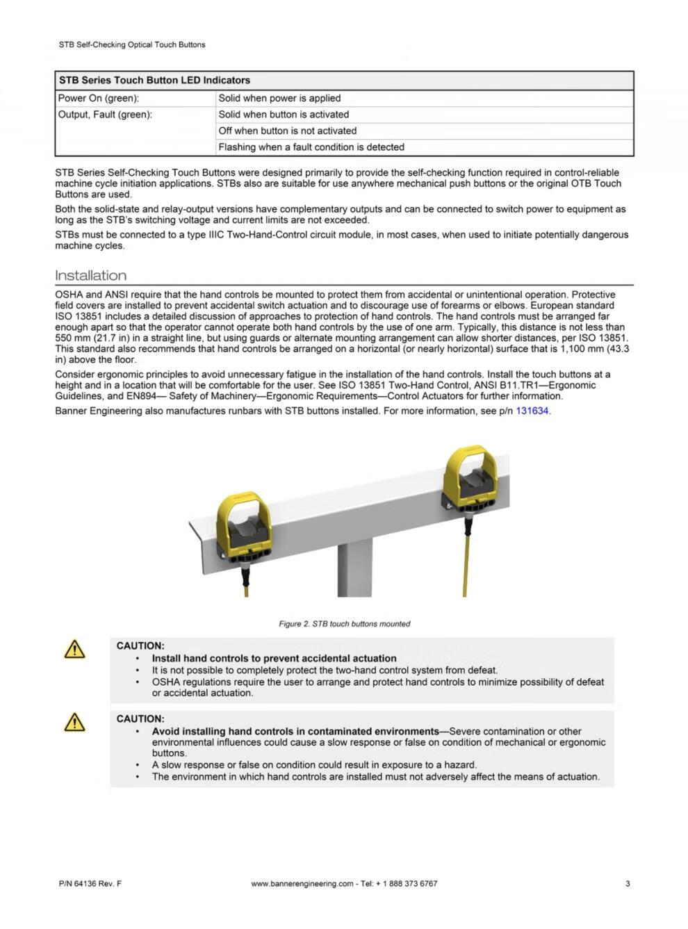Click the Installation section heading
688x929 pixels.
click(91, 275)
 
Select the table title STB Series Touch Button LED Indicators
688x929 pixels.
click(154, 80)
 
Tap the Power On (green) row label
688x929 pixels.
click(99, 98)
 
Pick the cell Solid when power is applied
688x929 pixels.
click(279, 98)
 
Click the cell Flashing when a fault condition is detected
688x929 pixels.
click(311, 147)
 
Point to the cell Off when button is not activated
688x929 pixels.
click(288, 131)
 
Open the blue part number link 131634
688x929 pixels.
click(532, 411)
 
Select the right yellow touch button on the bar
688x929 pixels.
click(470, 479)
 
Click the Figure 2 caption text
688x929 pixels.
click(344, 624)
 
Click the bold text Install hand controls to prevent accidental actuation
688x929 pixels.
click(274, 658)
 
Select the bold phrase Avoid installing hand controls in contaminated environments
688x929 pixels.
click(295, 731)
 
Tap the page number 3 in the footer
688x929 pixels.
click(628, 884)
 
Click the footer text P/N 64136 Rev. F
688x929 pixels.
click(90, 884)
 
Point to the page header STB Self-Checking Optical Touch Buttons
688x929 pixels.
click(132, 44)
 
